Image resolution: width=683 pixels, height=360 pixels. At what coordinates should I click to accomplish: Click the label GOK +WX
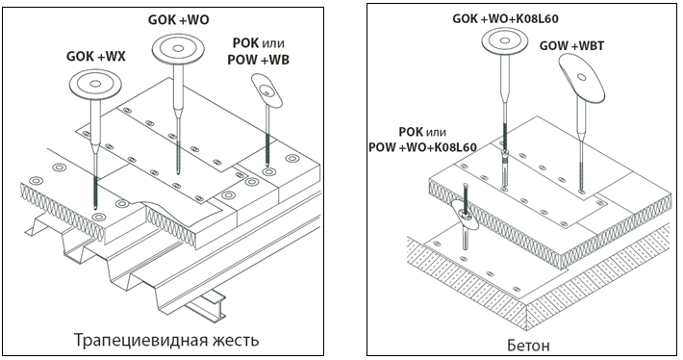[x=96, y=57]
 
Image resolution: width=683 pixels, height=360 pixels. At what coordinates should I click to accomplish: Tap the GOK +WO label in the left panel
[x=179, y=20]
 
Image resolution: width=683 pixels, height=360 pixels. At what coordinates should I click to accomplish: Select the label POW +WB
[x=258, y=60]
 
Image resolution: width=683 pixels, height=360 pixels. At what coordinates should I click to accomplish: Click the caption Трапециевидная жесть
[x=166, y=340]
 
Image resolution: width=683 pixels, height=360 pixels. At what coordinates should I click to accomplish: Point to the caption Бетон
[x=528, y=346]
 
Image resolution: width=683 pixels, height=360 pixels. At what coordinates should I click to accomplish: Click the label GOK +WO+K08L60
[x=505, y=18]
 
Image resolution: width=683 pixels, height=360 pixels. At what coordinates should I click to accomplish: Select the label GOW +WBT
[x=571, y=46]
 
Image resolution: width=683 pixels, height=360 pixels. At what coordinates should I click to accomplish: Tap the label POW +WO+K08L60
[x=422, y=147]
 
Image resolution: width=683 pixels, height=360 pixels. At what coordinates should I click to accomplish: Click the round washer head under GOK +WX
[x=95, y=84]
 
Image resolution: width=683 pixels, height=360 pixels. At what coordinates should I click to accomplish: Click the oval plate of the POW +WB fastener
[x=266, y=90]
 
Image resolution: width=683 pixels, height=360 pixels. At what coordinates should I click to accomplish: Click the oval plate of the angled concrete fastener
[x=466, y=215]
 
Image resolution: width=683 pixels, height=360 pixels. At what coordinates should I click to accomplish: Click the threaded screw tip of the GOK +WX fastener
[x=94, y=191]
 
